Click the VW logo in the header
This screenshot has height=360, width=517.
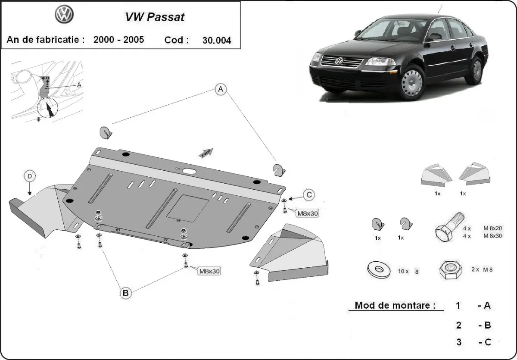tap(65, 15)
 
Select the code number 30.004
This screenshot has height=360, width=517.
tap(216, 41)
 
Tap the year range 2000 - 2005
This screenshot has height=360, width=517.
tap(118, 40)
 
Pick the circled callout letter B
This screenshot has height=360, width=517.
tap(125, 293)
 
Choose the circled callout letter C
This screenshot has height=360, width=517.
tap(309, 195)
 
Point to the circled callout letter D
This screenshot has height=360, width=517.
tap(29, 176)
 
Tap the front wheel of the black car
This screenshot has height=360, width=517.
tap(412, 82)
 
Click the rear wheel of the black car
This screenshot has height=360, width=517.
tap(476, 70)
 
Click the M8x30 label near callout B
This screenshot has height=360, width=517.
tap(209, 271)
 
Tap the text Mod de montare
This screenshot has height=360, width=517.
tap(392, 305)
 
